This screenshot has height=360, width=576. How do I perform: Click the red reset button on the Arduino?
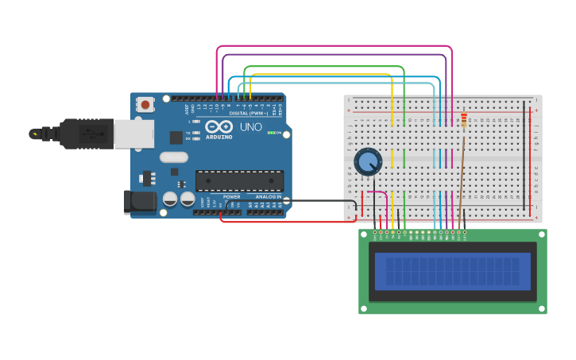pos(145,104)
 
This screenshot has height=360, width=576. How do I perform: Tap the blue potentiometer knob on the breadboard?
pos(367,161)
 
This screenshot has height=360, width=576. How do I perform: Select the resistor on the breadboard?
pos(463,120)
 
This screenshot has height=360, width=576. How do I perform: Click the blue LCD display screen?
pos(452,271)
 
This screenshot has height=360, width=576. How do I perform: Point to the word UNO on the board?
pos(250,126)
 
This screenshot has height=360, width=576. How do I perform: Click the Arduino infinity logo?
pos(218,126)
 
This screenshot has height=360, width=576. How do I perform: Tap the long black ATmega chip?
pos(238,180)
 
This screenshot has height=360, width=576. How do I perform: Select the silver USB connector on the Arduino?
pos(133,134)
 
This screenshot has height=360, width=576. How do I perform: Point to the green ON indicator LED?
pos(269,133)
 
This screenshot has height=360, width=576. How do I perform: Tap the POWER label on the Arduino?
pos(231,196)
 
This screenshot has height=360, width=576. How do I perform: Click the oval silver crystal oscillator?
pos(174,157)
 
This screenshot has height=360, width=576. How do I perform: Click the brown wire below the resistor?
pos(461,175)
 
